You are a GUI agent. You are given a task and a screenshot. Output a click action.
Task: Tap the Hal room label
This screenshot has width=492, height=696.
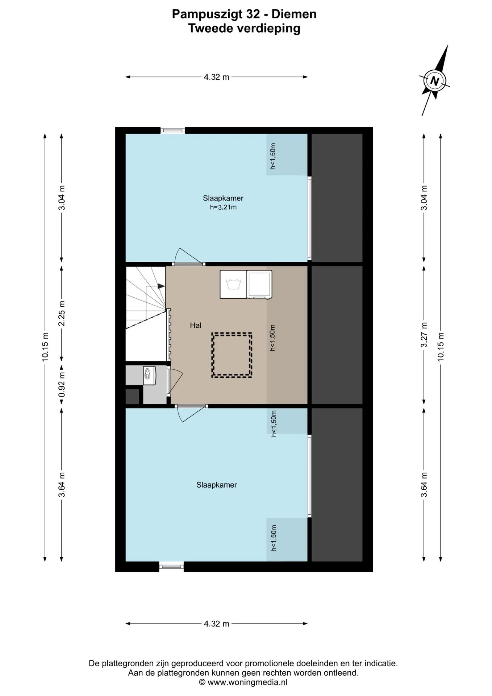pyautogui.click(x=196, y=326)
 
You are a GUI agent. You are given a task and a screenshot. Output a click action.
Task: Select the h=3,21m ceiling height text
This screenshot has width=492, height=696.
pyautogui.click(x=223, y=207)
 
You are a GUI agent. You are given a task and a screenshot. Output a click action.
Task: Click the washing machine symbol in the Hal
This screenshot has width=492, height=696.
pyautogui.click(x=233, y=285)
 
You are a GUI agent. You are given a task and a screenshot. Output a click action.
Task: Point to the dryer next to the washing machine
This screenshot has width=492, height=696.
pyautogui.click(x=259, y=285)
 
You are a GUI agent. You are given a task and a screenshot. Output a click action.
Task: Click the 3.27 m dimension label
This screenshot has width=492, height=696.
pyautogui.click(x=424, y=335)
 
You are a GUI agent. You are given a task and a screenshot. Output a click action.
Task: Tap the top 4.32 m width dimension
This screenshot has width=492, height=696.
pyautogui.click(x=217, y=77)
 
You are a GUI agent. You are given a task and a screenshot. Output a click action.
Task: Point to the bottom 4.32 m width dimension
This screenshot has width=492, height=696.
pyautogui.click(x=217, y=624)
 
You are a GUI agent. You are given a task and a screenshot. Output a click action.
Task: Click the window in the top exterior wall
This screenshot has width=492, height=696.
pyautogui.click(x=173, y=130)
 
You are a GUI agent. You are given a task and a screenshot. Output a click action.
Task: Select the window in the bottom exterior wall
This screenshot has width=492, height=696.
pyautogui.click(x=171, y=566)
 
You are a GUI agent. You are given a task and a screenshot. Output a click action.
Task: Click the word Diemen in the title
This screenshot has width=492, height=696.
pyautogui.click(x=294, y=14)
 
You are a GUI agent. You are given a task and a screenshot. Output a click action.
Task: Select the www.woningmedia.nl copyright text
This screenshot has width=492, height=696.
pyautogui.click(x=243, y=682)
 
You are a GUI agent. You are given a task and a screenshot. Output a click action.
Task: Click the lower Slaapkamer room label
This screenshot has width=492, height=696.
pyautogui.click(x=217, y=485)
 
